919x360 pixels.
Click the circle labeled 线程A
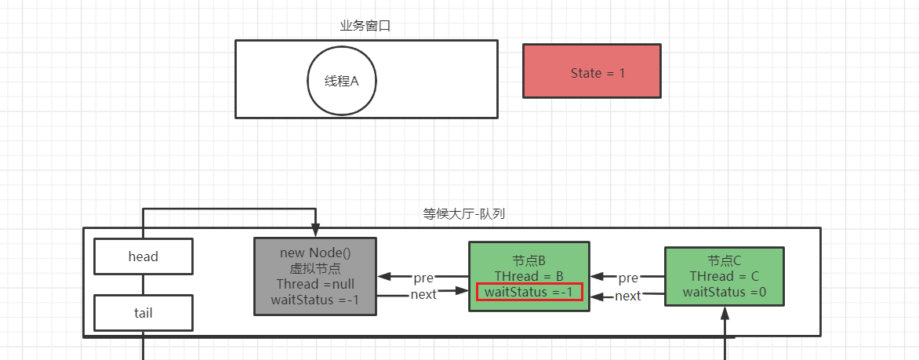point(342,81)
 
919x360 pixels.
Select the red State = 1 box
point(592,71)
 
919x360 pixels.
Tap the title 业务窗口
point(365,26)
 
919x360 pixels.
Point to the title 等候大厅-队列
point(469,213)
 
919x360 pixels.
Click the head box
point(143,256)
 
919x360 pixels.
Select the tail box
point(143,313)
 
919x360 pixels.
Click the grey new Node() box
point(315,276)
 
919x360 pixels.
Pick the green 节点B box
point(529,276)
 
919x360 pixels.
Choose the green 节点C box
point(724,276)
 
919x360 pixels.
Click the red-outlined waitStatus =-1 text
point(529,293)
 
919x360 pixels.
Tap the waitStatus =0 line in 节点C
point(725,293)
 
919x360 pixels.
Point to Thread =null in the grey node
point(315,283)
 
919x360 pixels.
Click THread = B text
point(529,276)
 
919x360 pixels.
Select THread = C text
point(725,276)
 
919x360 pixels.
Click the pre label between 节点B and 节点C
point(629,278)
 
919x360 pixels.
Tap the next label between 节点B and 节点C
point(629,296)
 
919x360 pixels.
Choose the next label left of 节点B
point(424,294)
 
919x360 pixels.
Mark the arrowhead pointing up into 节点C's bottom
point(725,312)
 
